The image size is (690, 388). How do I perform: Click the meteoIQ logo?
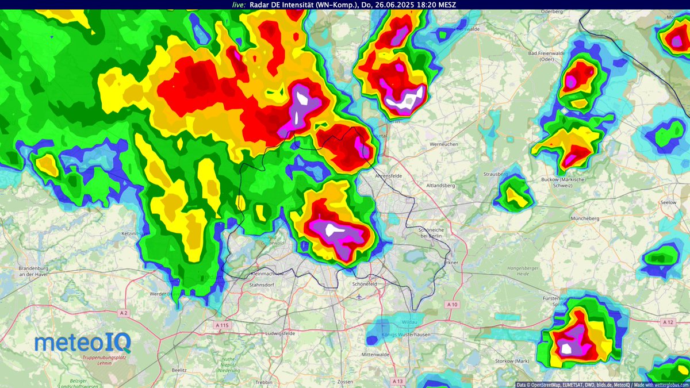(83, 343)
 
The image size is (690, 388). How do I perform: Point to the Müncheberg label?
(585, 219)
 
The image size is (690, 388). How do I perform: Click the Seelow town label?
(669, 202)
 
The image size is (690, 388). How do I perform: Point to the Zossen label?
(346, 382)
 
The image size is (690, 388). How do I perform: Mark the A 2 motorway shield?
(123, 313)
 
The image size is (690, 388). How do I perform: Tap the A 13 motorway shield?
(397, 381)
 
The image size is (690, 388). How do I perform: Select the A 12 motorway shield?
(668, 322)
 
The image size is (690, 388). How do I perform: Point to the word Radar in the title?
(259, 5)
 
